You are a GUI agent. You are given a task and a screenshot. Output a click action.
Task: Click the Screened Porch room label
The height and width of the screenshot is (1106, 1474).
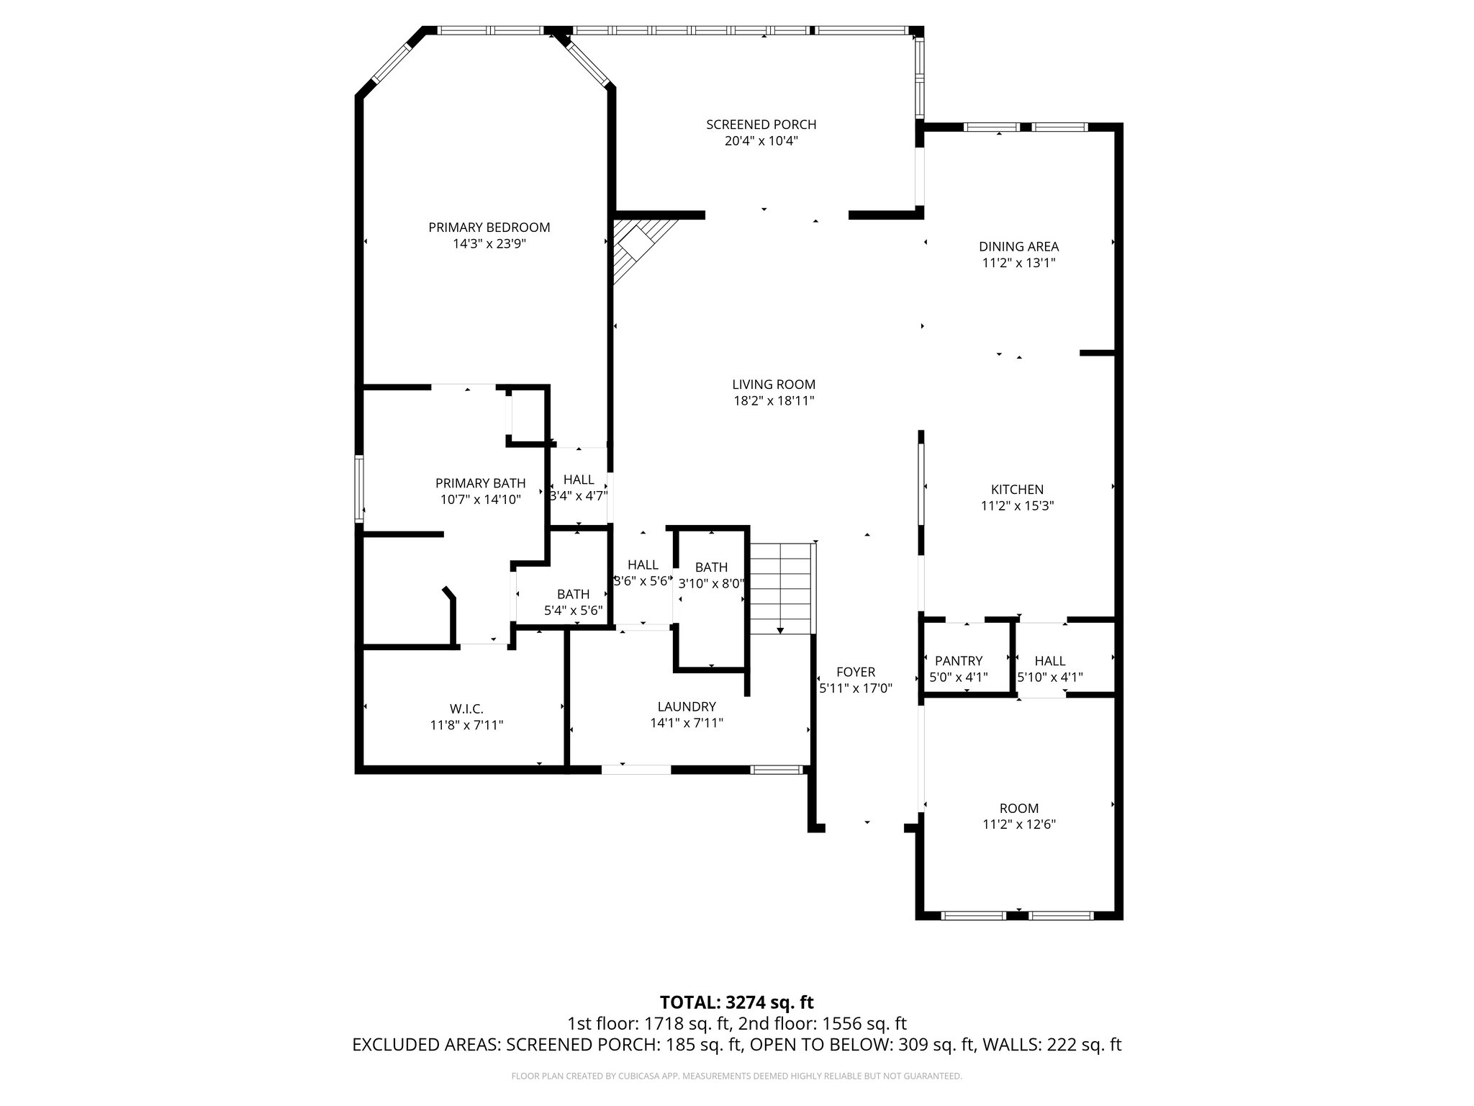click(x=761, y=125)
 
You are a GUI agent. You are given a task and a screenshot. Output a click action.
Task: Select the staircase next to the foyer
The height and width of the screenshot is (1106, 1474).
click(x=780, y=587)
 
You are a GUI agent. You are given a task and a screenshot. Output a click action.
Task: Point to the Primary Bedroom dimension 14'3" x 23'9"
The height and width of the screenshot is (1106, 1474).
click(x=489, y=244)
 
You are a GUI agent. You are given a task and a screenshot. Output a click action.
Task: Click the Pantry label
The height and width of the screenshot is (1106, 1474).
click(x=958, y=661)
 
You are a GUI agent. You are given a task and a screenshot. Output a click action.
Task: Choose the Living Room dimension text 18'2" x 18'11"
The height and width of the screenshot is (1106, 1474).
click(x=774, y=401)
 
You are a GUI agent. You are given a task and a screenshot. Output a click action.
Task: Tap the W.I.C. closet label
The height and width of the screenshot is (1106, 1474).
click(x=466, y=709)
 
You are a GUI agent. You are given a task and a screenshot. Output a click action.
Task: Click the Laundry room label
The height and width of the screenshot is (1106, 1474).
click(x=686, y=707)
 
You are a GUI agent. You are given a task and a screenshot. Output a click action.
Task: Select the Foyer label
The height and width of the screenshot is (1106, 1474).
click(x=856, y=673)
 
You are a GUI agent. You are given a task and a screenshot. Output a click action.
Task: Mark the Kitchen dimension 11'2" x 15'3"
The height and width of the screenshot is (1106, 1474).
click(x=1017, y=506)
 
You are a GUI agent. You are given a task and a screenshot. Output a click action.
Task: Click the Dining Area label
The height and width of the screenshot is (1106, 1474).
click(x=1018, y=247)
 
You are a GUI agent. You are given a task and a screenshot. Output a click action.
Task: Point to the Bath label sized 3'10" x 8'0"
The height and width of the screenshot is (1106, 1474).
click(x=711, y=567)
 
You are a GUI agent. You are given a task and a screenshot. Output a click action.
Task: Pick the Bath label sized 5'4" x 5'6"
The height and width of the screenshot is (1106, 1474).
click(x=573, y=595)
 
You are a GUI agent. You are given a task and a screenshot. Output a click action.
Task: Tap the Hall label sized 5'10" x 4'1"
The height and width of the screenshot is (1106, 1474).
click(x=1050, y=661)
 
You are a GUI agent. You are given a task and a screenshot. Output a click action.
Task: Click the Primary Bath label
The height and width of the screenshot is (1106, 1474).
click(x=480, y=483)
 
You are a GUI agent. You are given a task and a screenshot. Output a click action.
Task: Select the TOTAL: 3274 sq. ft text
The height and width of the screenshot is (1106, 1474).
click(x=736, y=1002)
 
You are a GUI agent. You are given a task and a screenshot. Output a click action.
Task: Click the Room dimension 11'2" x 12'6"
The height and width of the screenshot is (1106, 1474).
click(x=1018, y=824)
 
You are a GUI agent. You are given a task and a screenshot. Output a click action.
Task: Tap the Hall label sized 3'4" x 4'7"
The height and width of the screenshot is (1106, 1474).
click(x=579, y=480)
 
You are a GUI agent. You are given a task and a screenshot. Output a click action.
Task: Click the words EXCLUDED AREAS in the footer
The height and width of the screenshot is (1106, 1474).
click(x=426, y=1045)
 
